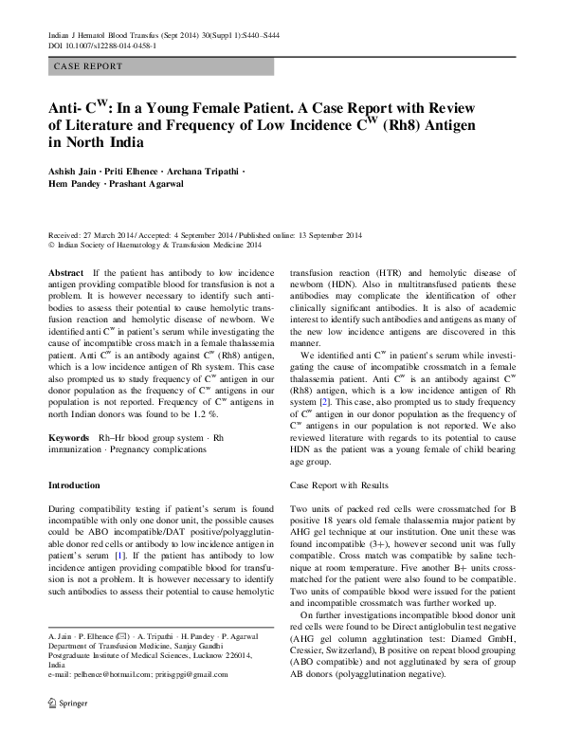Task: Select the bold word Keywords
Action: (70, 437)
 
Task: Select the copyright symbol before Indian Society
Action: (51, 246)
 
